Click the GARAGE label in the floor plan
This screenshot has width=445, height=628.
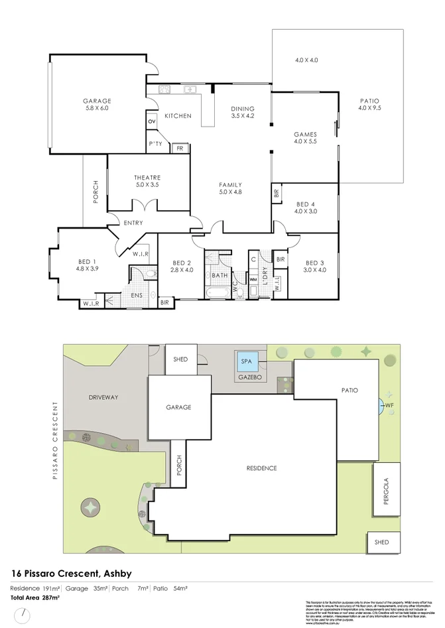click(96, 100)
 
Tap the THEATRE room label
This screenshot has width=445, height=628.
click(147, 177)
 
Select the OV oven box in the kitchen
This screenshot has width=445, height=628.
click(151, 121)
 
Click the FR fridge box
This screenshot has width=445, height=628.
click(179, 149)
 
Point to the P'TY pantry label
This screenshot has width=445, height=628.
click(155, 144)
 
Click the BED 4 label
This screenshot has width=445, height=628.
click(306, 204)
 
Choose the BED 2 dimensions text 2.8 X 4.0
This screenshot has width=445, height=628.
click(182, 269)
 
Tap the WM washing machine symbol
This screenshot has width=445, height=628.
click(253, 280)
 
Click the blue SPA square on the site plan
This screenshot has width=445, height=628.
click(247, 362)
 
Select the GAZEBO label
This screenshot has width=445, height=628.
click(251, 376)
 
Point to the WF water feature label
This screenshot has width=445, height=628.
click(389, 405)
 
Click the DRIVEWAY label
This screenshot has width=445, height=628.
click(103, 397)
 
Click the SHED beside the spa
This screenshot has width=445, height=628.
click(180, 359)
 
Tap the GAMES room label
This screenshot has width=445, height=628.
click(306, 135)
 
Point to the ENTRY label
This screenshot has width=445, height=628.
click(133, 223)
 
